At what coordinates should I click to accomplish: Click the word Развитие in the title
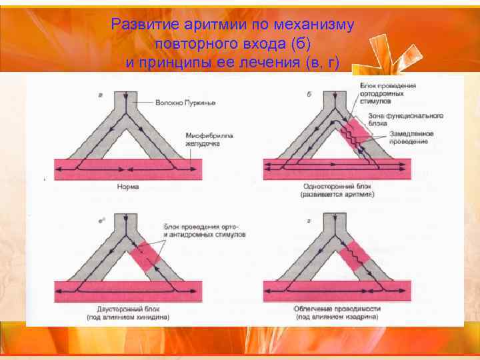141,25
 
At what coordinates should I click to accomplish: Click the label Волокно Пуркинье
185,103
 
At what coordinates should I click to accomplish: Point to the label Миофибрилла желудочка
209,139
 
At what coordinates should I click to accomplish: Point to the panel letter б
309,94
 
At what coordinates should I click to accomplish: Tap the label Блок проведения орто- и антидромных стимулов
204,231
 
